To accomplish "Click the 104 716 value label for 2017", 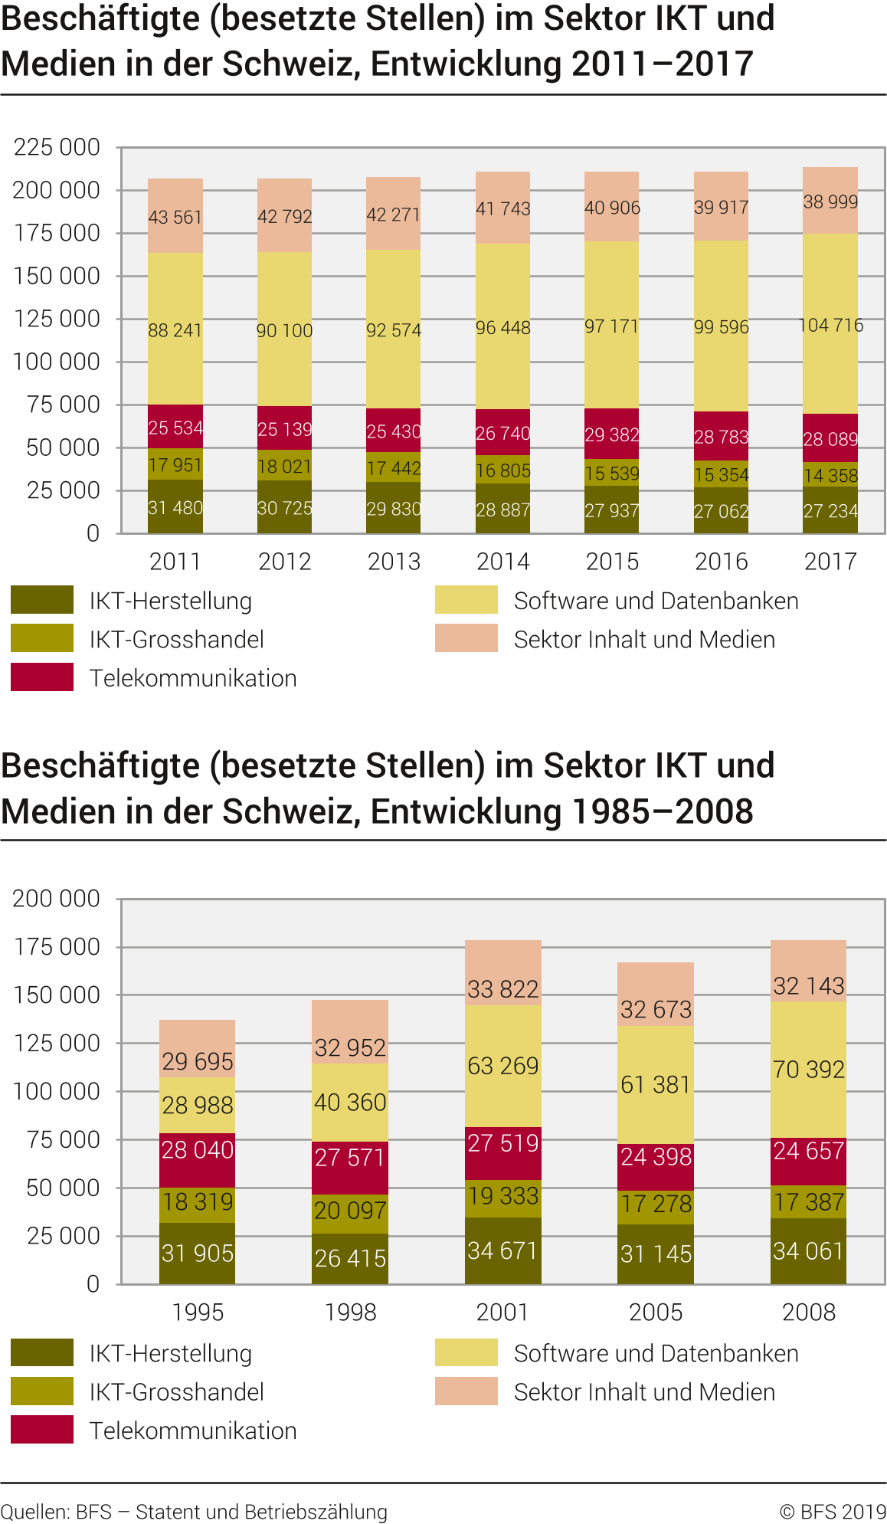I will click(830, 326).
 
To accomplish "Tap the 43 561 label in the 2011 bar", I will click(175, 218).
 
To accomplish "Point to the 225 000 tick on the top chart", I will click(57, 147).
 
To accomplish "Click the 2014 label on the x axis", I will click(503, 562).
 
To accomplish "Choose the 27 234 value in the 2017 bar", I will click(830, 511).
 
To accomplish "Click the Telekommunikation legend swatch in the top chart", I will click(42, 677).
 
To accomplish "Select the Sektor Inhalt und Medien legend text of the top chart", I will click(644, 640).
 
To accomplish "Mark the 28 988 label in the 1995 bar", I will click(197, 1105).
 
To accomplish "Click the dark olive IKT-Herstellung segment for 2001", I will click(503, 1250).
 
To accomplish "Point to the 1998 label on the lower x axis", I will click(350, 1313).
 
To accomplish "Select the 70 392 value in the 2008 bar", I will click(808, 1070).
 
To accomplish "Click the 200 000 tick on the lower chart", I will click(57, 899).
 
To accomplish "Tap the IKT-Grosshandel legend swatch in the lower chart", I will click(42, 1391).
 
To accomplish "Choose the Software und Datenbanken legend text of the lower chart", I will click(656, 1354).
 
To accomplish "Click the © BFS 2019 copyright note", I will click(833, 1512).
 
